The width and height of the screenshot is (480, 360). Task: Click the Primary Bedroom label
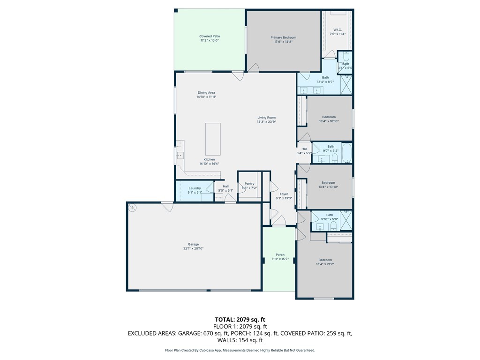click(283, 37)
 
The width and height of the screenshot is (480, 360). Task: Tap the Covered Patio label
click(210, 36)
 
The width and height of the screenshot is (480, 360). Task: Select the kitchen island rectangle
click(213, 139)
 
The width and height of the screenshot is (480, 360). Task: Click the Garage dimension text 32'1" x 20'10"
click(194, 248)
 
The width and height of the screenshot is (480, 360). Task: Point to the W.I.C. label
click(337, 30)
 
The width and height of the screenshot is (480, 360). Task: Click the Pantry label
click(249, 184)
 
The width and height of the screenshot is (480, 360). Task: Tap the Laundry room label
click(195, 188)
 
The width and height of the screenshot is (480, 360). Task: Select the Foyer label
click(284, 194)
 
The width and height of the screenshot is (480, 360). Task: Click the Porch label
click(280, 255)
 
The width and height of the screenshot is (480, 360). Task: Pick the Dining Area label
click(206, 92)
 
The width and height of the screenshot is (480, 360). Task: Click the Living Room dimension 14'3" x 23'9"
click(266, 122)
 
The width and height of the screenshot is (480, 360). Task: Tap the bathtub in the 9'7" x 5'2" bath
click(346, 153)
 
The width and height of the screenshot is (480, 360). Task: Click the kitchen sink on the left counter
click(180, 156)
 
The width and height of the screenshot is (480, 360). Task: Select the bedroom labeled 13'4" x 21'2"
click(325, 262)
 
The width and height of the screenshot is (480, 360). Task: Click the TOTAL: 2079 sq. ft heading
click(240, 320)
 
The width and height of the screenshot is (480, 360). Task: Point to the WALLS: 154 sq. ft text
click(240, 340)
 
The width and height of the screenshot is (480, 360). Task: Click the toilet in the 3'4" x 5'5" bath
click(345, 56)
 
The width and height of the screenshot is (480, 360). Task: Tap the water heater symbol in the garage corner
click(132, 207)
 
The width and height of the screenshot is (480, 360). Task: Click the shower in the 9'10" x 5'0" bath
click(346, 220)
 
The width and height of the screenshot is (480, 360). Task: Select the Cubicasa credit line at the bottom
click(240, 350)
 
